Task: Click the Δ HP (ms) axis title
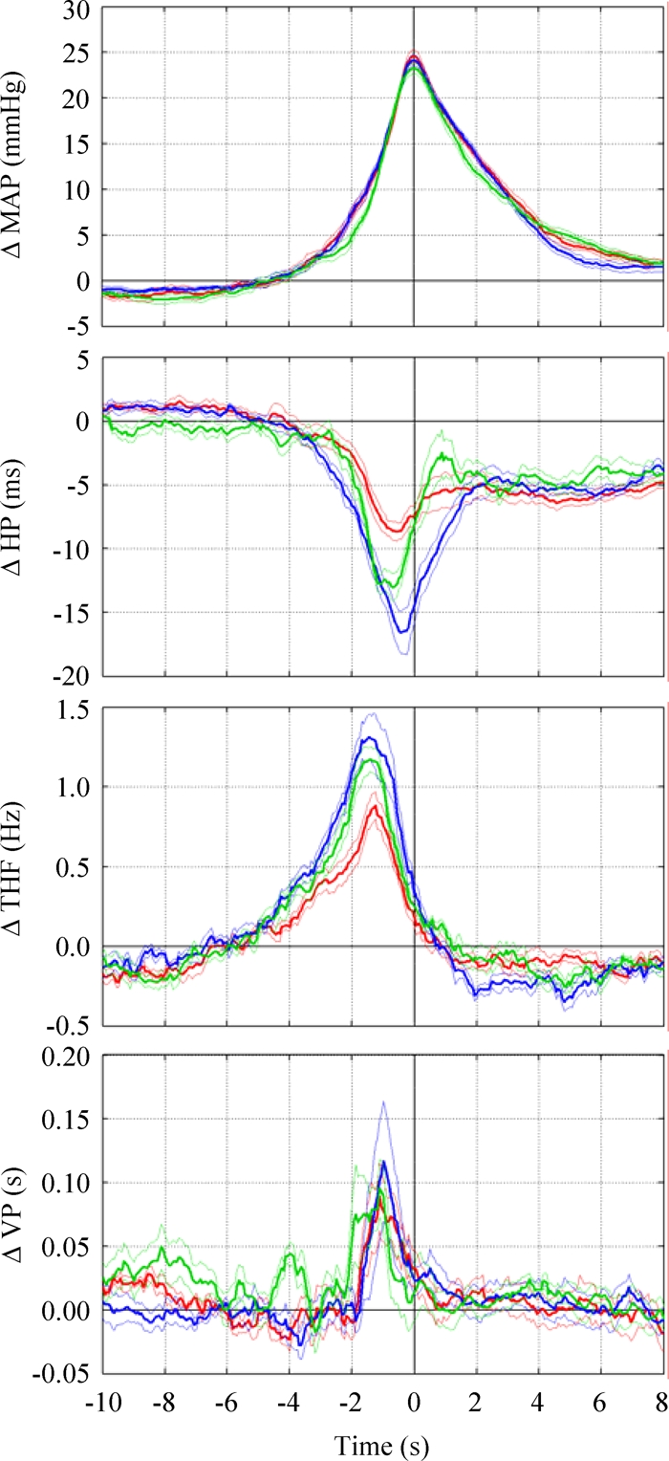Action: point(17,516)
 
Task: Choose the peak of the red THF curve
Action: point(376,807)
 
